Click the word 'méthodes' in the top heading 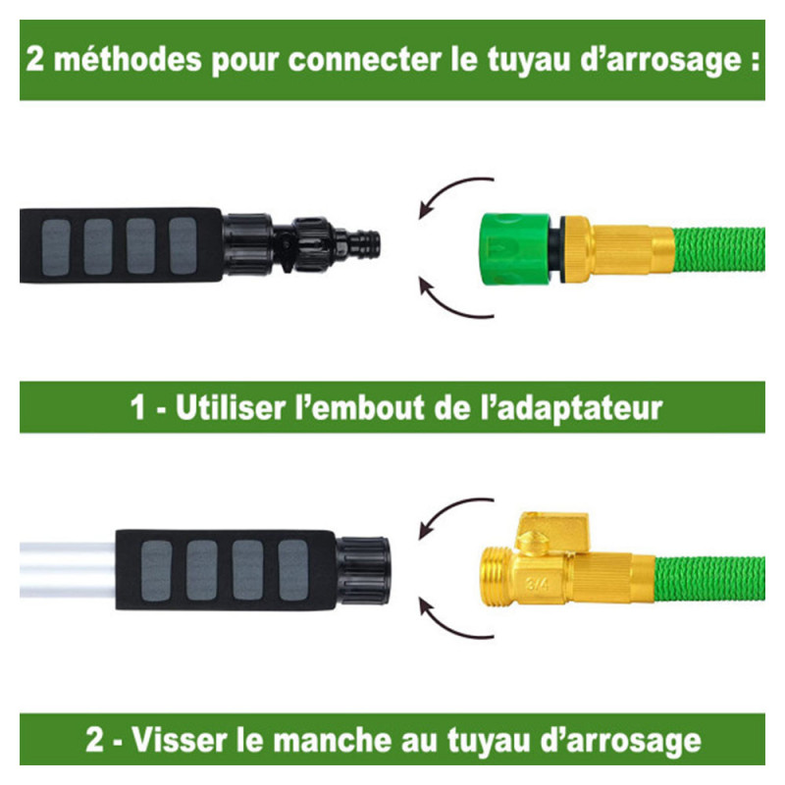pyautogui.click(x=128, y=59)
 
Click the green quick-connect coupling pyautogui.click(x=516, y=249)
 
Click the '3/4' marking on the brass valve pyautogui.click(x=537, y=584)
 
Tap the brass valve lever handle pyautogui.click(x=552, y=532)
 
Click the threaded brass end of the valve pyautogui.click(x=497, y=578)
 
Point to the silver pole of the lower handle pyautogui.click(x=68, y=570)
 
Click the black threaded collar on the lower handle pyautogui.click(x=362, y=570)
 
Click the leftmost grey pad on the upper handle pyautogui.click(x=56, y=247)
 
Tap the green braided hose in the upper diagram pyautogui.click(x=719, y=249)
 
